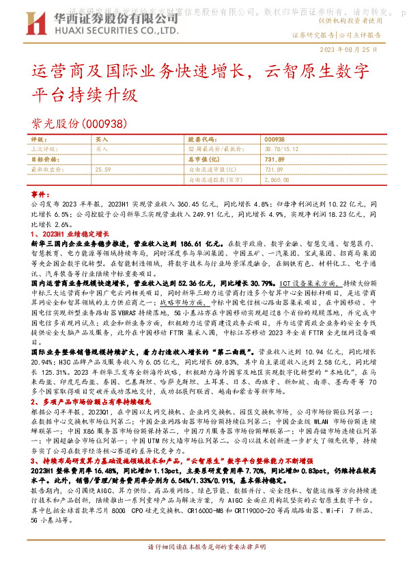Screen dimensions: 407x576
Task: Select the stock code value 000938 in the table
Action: (274, 139)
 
